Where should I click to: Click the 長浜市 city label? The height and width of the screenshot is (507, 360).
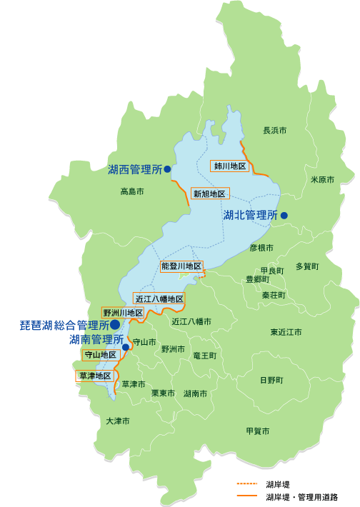pos(275,131)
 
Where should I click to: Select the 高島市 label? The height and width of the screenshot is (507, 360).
pos(132,191)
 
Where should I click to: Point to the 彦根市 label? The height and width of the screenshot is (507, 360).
pos(262,248)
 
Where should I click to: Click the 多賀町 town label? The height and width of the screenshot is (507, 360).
pos(307,266)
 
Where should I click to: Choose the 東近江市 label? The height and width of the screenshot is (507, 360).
pos(286,332)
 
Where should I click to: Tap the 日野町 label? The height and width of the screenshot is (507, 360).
pos(271,379)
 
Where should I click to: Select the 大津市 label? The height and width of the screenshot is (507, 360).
pos(118,421)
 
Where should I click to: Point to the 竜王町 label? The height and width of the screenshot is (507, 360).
pos(205,354)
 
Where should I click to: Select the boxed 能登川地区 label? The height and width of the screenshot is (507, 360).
pos(181,266)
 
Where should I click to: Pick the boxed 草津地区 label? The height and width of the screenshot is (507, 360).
pos(94,376)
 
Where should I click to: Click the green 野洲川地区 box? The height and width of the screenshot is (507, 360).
pos(124,313)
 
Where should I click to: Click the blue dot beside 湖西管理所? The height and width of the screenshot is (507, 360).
pos(166,170)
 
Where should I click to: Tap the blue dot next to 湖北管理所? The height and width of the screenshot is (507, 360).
pos(284,215)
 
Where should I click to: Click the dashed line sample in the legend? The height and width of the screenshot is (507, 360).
pos(247,483)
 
